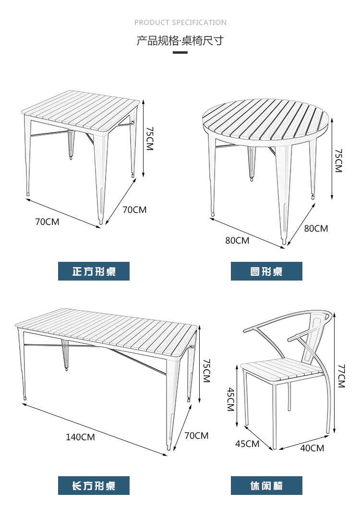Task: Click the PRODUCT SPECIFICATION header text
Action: tap(180, 23)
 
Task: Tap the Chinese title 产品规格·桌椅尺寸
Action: tap(180, 41)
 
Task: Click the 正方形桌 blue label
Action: tap(94, 271)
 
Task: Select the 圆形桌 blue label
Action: tap(266, 271)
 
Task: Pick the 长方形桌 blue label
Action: tap(94, 486)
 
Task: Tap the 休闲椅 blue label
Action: tap(266, 486)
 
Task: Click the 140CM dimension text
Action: tap(80, 437)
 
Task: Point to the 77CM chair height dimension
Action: tap(341, 376)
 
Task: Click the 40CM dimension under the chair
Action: tap(312, 448)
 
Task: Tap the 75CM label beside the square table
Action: tap(149, 139)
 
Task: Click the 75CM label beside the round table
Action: tap(338, 161)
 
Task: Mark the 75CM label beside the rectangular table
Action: tap(206, 370)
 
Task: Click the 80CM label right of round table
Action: tap(316, 229)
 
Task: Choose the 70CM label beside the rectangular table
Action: tap(196, 436)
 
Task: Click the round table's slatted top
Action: tap(267, 120)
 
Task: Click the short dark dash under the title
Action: tap(180, 52)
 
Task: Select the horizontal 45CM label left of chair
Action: tap(247, 444)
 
